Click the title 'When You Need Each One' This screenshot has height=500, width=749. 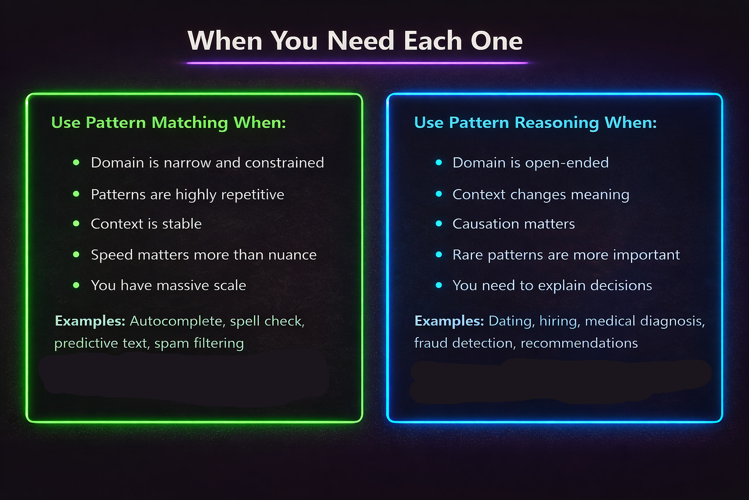click(355, 41)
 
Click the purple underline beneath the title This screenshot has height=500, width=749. click(357, 63)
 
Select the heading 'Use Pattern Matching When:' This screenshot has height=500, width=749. click(168, 123)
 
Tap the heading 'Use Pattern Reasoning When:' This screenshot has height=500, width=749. click(535, 123)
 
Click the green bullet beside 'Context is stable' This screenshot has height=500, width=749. click(76, 224)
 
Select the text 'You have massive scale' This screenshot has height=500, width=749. click(168, 285)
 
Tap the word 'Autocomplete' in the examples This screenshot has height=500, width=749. click(176, 321)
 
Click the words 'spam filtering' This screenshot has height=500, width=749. click(199, 343)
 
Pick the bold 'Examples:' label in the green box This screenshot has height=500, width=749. click(90, 321)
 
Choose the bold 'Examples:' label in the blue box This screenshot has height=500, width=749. click(449, 321)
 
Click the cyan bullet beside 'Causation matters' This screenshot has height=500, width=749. click(439, 224)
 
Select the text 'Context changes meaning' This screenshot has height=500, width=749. click(540, 194)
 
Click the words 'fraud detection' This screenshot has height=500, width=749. click(464, 343)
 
